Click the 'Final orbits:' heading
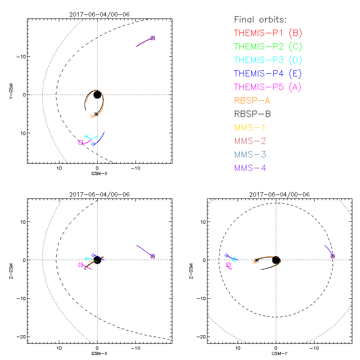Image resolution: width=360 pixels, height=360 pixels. click(x=261, y=19)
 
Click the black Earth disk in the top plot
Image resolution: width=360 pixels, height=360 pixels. click(x=97, y=94)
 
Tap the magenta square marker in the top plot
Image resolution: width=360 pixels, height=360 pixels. click(x=81, y=143)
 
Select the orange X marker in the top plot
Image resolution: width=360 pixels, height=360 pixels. click(x=92, y=116)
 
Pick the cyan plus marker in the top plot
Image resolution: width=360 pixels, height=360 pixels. click(x=86, y=136)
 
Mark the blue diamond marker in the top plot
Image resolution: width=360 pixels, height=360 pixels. click(x=94, y=144)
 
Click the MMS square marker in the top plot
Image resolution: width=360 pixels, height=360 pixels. click(x=153, y=38)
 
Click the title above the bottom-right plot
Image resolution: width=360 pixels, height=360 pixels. click(x=276, y=194)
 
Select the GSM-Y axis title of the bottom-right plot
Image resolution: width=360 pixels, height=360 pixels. click(x=276, y=354)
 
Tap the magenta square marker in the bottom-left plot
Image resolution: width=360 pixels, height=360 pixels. click(x=81, y=265)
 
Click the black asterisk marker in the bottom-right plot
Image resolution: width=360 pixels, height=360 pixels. click(x=256, y=260)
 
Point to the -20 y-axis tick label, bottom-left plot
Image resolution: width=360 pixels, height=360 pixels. click(x=19, y=337)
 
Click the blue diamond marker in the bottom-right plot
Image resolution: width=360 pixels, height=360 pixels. click(x=227, y=255)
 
